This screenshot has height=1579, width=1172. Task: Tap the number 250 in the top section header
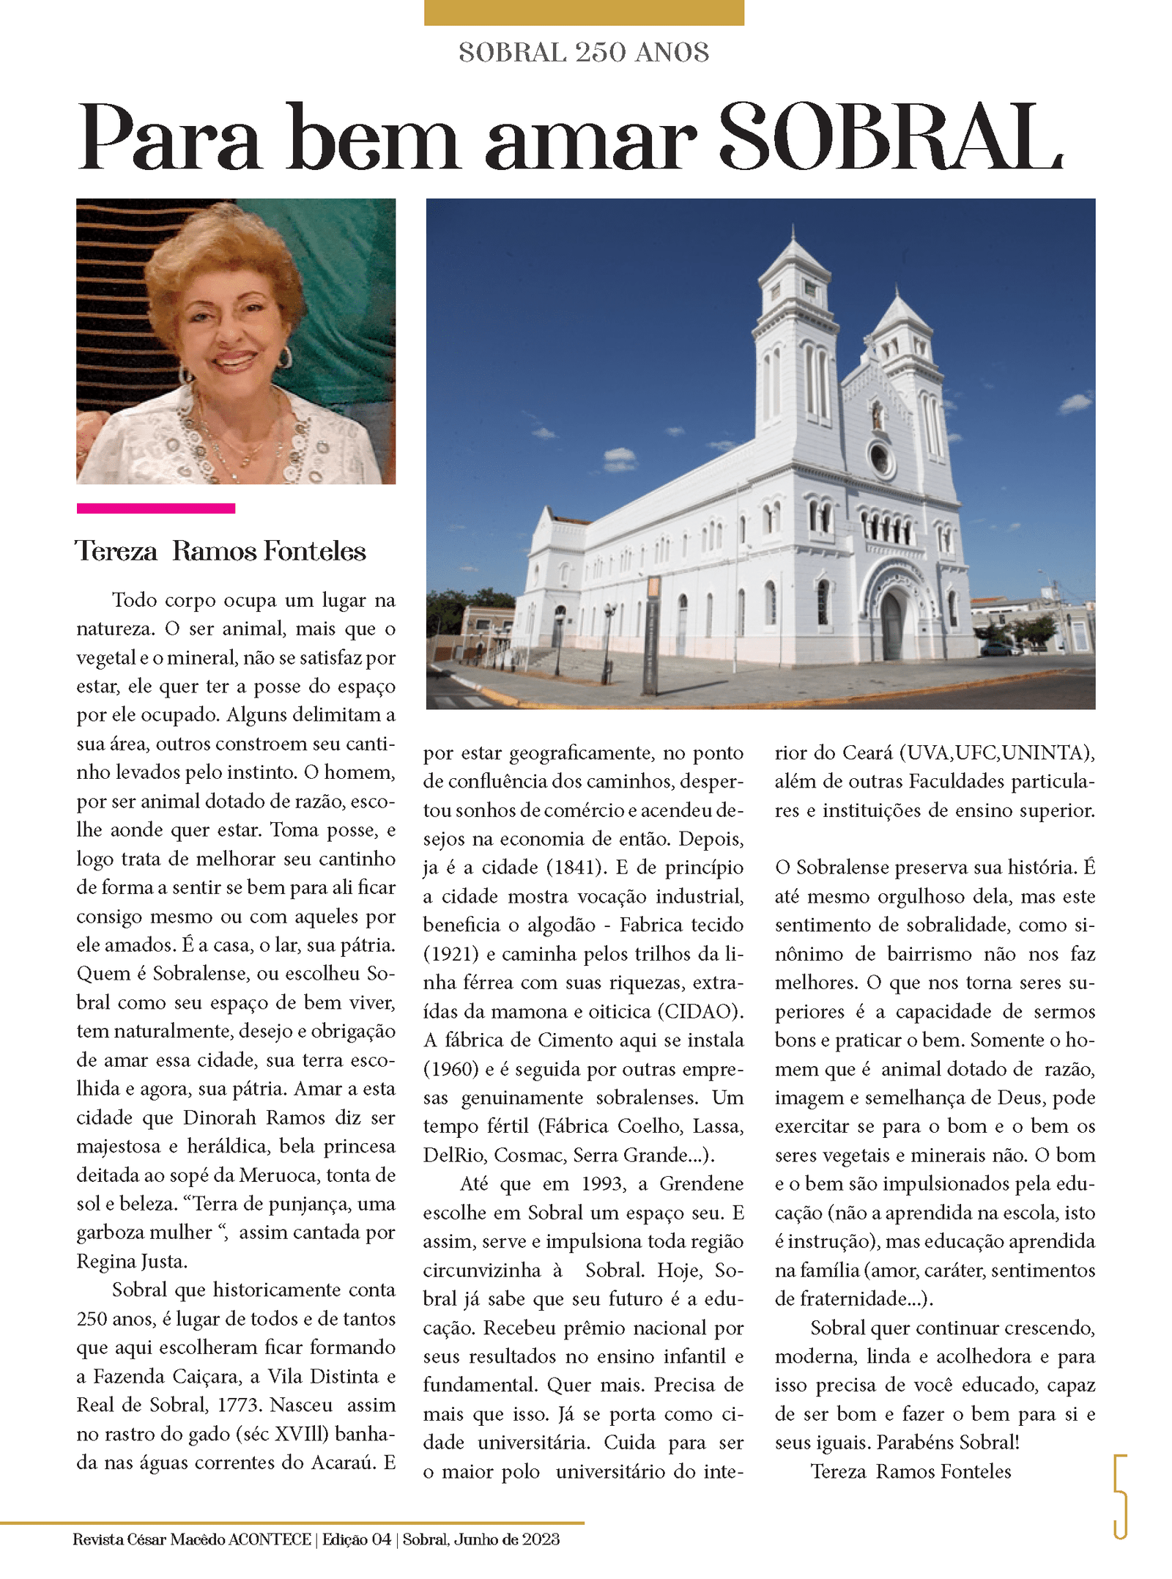pos(600,53)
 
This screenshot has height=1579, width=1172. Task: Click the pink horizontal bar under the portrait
pos(155,508)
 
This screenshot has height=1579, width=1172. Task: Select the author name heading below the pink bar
pos(220,551)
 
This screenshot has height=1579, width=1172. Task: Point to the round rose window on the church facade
pos(879,459)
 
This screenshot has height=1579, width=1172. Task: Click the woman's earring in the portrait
pos(284,358)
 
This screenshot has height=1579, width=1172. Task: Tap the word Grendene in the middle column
pos(701,1183)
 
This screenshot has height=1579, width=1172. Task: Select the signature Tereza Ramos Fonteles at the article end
pos(910,1471)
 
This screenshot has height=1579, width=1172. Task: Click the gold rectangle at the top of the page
pos(584,12)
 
